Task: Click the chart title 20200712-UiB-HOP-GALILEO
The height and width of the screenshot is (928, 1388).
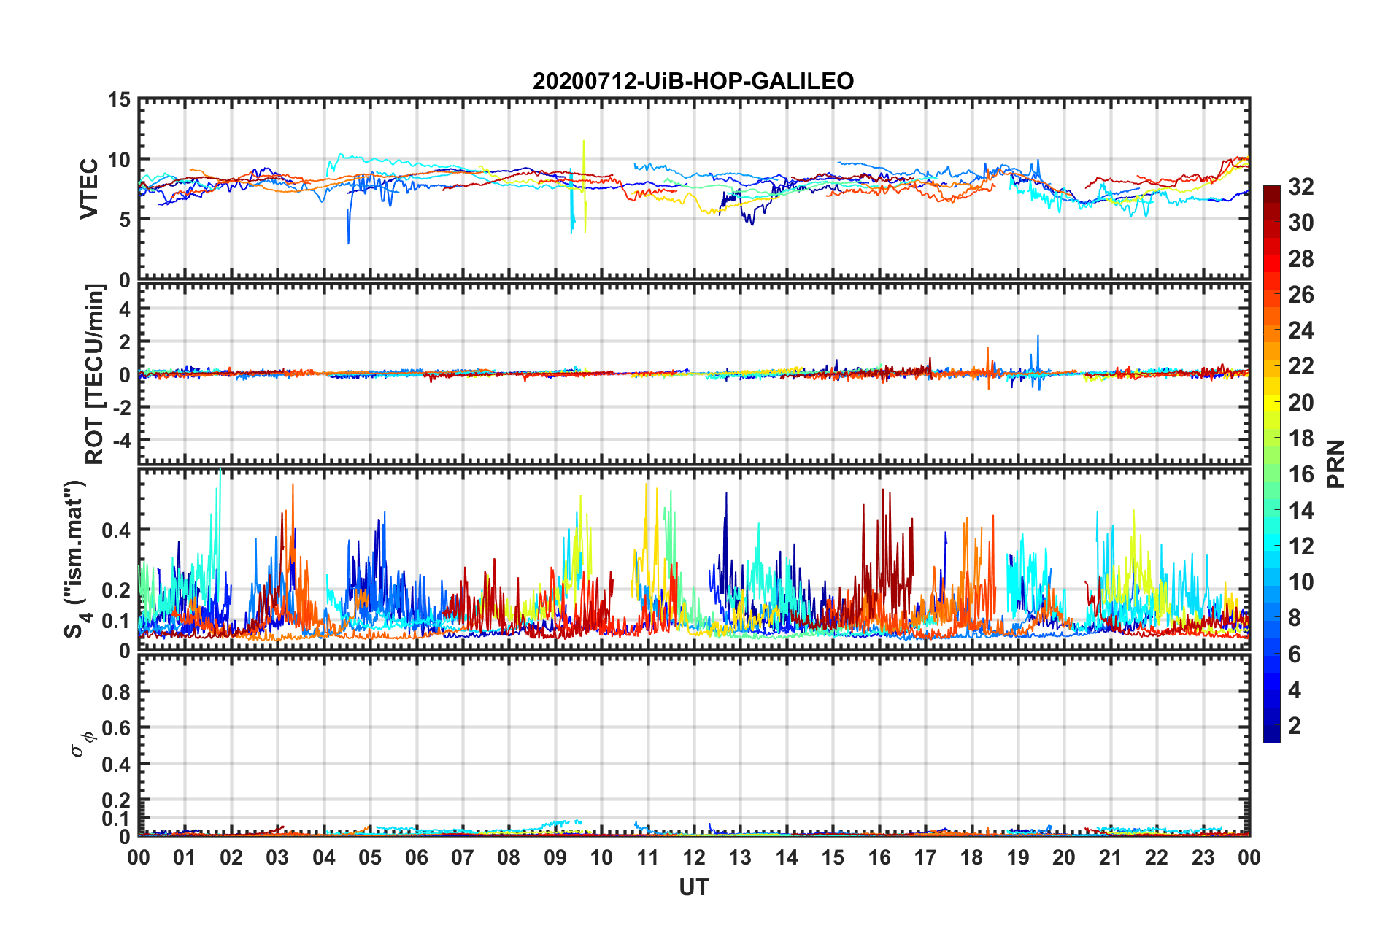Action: [x=693, y=81]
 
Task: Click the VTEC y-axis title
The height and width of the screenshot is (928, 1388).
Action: [x=89, y=188]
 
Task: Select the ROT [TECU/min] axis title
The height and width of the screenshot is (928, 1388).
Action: [x=94, y=374]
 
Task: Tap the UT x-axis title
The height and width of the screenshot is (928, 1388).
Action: [x=693, y=887]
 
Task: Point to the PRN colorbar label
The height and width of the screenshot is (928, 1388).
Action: [x=1335, y=464]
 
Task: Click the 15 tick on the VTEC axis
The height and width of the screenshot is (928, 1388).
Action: [x=118, y=100]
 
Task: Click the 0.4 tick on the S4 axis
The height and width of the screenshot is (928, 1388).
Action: [x=115, y=530]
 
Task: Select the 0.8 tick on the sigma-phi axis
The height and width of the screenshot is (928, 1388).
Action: [x=115, y=692]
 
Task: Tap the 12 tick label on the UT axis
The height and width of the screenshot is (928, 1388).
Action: [x=693, y=857]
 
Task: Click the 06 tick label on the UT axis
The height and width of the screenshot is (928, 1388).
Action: [x=416, y=857]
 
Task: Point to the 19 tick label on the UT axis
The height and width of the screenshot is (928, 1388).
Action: [x=1017, y=857]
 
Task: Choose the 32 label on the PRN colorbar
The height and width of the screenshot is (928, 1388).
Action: [x=1300, y=187]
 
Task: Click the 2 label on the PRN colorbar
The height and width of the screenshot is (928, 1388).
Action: [x=1295, y=726]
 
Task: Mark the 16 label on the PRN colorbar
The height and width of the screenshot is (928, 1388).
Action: [x=1300, y=475]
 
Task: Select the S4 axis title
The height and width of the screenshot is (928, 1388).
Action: [x=75, y=560]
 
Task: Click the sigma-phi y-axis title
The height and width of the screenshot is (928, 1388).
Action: [x=82, y=741]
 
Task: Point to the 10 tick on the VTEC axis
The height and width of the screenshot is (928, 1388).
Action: [x=118, y=160]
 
